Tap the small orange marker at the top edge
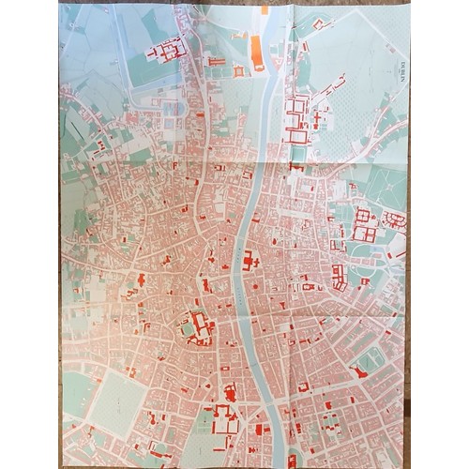point(265,10)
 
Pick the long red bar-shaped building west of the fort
point(216,62)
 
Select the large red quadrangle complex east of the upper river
point(297,119)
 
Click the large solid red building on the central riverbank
point(250,262)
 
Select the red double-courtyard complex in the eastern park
point(364,224)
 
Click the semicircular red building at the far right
point(397,222)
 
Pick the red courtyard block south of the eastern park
point(339,276)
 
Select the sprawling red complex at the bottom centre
point(226,420)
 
